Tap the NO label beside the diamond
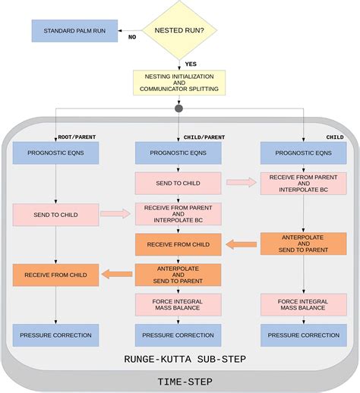click(132, 36)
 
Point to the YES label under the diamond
click(191, 63)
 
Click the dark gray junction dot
click(178, 108)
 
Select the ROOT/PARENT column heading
click(77, 137)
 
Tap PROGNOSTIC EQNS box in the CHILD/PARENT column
click(178, 152)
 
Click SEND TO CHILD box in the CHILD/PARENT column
click(178, 183)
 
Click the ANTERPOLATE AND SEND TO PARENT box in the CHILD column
click(303, 244)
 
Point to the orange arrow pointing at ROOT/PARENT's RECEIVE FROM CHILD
click(117, 274)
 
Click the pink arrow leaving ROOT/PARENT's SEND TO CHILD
click(115, 214)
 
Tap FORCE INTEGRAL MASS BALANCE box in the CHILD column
click(303, 305)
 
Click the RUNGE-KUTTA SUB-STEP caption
click(179, 358)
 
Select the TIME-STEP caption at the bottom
click(179, 381)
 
